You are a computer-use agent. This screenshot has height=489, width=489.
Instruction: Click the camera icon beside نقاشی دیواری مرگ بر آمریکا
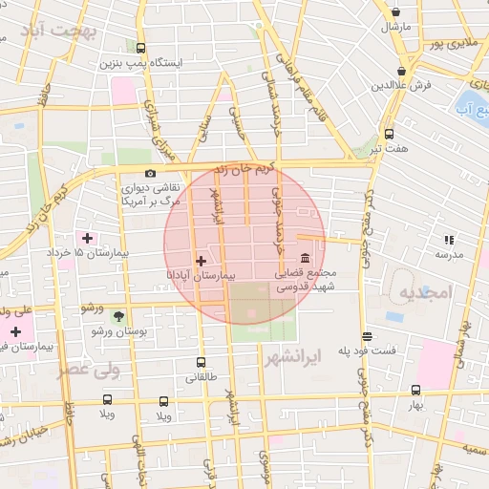pyautogui.click(x=150, y=174)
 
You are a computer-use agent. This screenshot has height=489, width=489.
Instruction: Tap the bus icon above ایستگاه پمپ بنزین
pyautogui.click(x=141, y=48)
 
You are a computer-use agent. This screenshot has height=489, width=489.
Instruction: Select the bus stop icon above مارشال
pyautogui.click(x=393, y=11)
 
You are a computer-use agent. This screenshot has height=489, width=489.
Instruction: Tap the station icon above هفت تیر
pyautogui.click(x=388, y=134)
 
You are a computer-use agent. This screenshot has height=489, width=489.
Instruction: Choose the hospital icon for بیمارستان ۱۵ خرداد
pyautogui.click(x=88, y=237)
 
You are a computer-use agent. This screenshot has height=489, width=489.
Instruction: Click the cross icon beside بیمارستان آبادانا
pyautogui.click(x=201, y=260)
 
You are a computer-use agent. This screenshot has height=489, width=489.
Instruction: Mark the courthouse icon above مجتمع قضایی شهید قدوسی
pyautogui.click(x=305, y=259)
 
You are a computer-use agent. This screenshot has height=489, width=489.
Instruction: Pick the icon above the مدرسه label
pyautogui.click(x=448, y=240)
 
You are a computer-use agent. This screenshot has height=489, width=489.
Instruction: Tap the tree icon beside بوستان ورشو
pyautogui.click(x=118, y=315)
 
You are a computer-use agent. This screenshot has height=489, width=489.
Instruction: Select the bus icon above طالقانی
pyautogui.click(x=201, y=362)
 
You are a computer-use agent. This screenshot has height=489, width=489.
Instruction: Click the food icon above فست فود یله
pyautogui.click(x=367, y=336)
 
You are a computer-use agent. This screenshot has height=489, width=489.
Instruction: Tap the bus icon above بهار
pyautogui.click(x=415, y=390)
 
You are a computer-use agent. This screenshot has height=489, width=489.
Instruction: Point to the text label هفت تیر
pyautogui.click(x=389, y=149)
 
